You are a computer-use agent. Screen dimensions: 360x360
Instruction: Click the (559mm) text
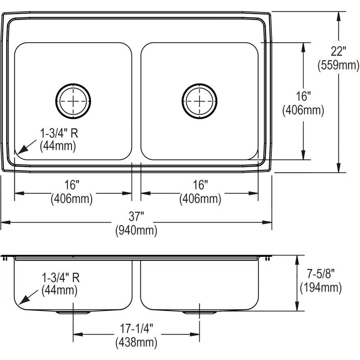pyautogui.click(x=338, y=65)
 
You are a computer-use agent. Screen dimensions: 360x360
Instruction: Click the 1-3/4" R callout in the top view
pyautogui.click(x=58, y=134)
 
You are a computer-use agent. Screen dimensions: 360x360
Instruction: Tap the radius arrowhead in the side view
pyautogui.click(x=19, y=302)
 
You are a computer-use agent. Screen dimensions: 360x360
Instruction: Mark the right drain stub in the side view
pyautogui.click(x=198, y=312)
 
